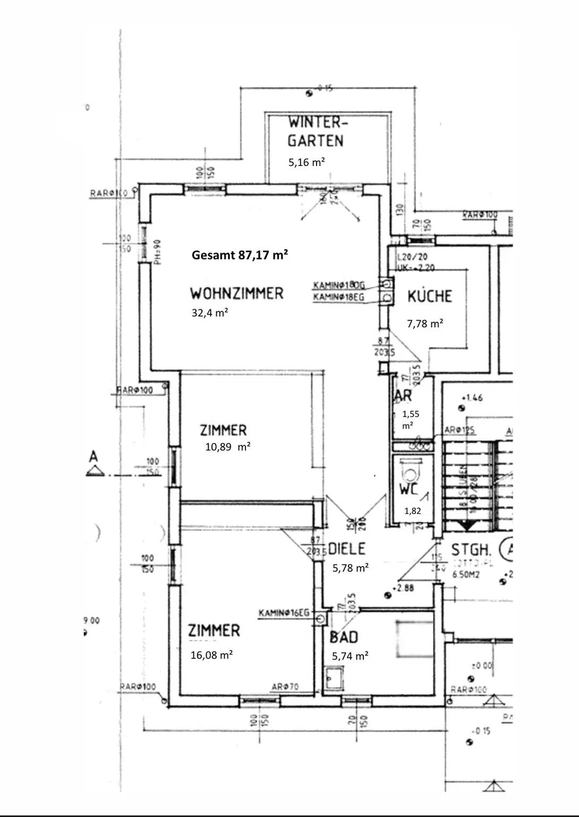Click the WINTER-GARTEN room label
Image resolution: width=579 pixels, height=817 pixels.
click(x=317, y=131)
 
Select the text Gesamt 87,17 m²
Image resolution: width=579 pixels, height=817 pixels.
click(x=240, y=255)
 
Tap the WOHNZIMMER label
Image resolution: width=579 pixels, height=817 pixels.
click(x=237, y=293)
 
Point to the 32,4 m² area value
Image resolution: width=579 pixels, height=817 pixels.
click(x=210, y=313)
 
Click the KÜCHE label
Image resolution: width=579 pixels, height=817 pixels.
click(x=429, y=296)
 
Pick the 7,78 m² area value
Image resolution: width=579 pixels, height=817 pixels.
click(x=425, y=323)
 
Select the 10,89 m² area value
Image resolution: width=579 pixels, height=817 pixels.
click(x=228, y=447)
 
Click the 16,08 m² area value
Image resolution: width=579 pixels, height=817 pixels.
click(x=211, y=655)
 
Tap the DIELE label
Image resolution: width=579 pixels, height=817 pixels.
click(x=347, y=549)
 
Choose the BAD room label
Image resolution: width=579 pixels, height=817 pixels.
click(x=344, y=637)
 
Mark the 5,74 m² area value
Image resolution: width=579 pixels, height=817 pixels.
click(x=350, y=656)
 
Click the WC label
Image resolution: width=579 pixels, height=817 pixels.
click(x=408, y=489)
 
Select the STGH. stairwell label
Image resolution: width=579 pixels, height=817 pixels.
click(x=471, y=549)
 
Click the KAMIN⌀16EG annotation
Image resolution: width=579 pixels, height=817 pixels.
click(x=284, y=613)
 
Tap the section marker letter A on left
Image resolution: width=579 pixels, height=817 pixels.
click(x=93, y=456)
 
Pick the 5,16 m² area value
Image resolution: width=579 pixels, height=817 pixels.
click(x=306, y=162)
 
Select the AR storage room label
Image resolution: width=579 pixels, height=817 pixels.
click(x=403, y=396)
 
